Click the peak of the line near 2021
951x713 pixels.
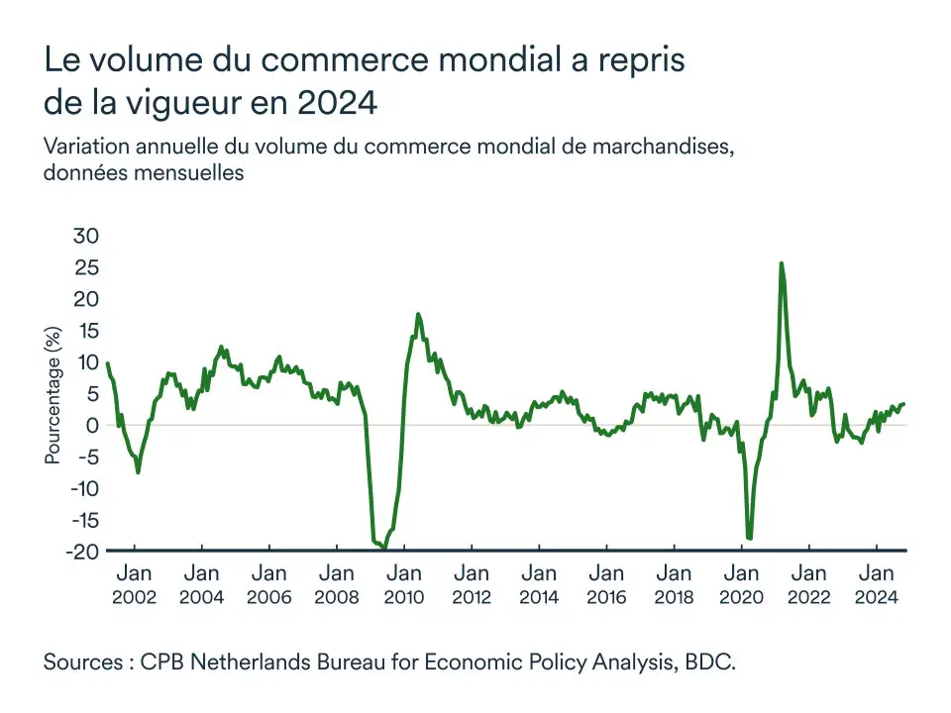[782, 263]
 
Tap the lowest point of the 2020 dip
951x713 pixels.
[749, 539]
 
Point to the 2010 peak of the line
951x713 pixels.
[418, 314]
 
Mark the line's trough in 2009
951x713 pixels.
[384, 547]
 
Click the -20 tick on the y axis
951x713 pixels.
[82, 552]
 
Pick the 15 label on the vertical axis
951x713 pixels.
[87, 330]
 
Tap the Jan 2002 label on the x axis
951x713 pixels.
[134, 584]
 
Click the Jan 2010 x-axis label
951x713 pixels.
[404, 584]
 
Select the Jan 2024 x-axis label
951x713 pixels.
[877, 584]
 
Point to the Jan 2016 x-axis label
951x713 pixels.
[606, 584]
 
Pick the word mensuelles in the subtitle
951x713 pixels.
[187, 171]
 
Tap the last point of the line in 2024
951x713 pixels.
[903, 403]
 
